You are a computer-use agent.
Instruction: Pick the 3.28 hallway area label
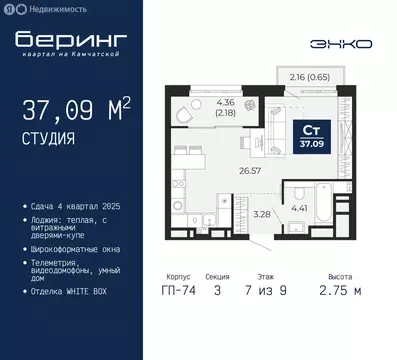tap(261, 213)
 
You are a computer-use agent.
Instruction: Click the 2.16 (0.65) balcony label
tap(310, 76)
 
